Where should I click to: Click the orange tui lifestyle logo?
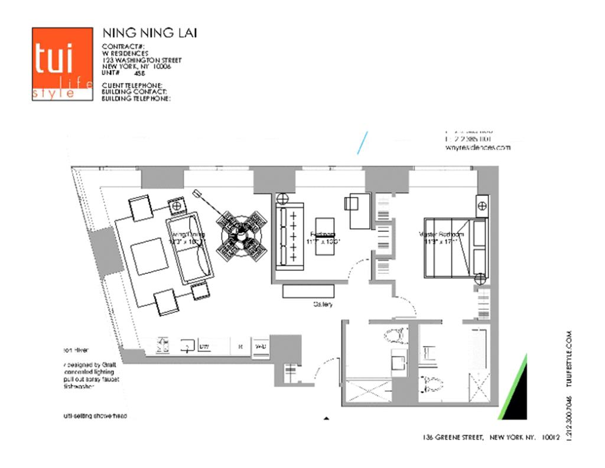[x=62, y=63]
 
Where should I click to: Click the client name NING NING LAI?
[x=149, y=33]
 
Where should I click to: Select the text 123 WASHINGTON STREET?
[x=142, y=60]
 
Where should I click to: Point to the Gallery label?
[x=323, y=305]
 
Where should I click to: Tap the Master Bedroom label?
[x=442, y=234]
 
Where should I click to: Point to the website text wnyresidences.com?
[x=477, y=149]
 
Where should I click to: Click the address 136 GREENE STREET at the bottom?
[x=453, y=438]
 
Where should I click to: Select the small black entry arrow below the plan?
[x=326, y=418]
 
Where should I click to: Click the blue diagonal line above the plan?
[x=362, y=143]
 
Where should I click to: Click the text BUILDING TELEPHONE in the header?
[x=136, y=99]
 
